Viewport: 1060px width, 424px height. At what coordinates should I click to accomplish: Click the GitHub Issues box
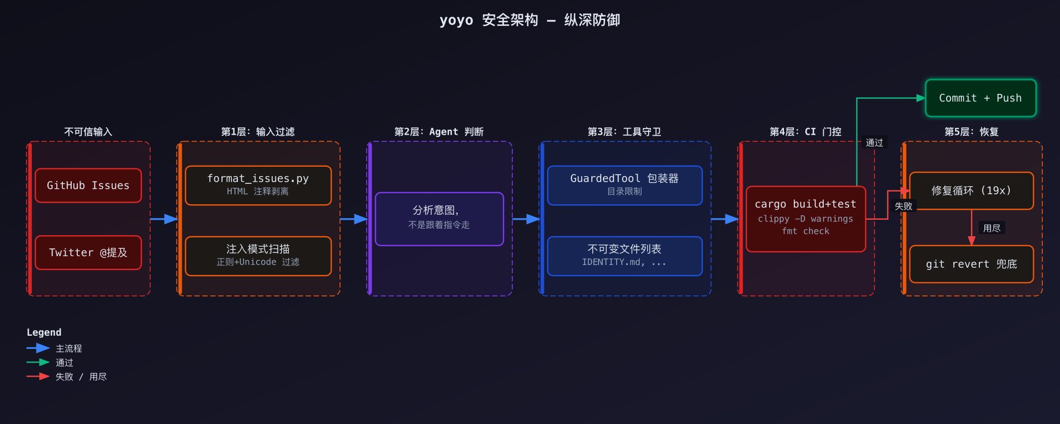pos(88,185)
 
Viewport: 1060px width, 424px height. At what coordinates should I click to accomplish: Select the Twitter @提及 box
pos(88,253)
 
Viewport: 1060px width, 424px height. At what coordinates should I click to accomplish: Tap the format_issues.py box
pos(258,185)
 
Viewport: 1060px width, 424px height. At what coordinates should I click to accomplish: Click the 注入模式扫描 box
pos(258,256)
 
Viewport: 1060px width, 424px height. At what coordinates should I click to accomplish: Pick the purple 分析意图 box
pos(439,219)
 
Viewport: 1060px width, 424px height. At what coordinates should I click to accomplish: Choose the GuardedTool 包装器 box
pos(624,185)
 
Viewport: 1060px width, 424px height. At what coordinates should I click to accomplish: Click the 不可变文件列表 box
pos(624,256)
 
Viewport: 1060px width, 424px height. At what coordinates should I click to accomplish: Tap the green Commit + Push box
pos(981,98)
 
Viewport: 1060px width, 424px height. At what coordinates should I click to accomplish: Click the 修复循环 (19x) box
pos(971,190)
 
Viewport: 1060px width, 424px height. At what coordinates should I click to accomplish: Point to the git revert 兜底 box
pos(971,264)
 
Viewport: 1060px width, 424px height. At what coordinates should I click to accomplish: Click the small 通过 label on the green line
pos(874,143)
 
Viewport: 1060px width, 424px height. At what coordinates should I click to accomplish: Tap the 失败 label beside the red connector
pos(903,206)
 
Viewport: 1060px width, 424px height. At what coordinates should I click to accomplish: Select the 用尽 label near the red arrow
pos(992,228)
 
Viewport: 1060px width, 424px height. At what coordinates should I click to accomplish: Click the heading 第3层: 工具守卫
pos(624,132)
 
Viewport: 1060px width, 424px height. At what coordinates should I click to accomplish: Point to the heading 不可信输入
pos(88,132)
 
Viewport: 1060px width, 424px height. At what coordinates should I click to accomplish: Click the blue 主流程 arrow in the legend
pos(38,348)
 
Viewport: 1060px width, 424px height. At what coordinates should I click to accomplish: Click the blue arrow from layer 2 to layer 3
pos(526,219)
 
